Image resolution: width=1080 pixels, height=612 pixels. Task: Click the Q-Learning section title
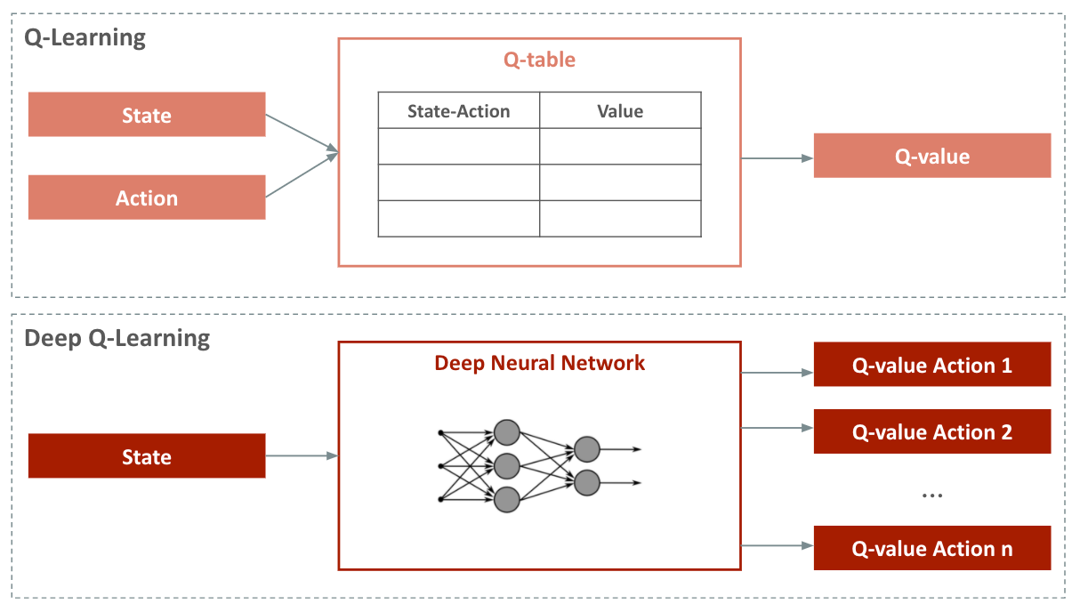[x=85, y=38]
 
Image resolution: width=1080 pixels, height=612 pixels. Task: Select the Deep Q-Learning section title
[x=117, y=339]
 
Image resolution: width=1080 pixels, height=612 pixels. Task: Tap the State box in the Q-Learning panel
[x=147, y=115]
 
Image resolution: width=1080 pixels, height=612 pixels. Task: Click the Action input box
[x=147, y=197]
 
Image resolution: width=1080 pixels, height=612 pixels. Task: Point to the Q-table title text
[x=539, y=60]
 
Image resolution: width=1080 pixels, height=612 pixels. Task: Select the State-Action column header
[x=458, y=111]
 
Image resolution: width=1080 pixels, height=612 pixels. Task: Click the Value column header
[x=620, y=111]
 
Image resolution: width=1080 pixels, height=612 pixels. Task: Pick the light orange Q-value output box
[x=931, y=157]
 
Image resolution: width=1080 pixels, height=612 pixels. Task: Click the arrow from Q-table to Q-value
[x=777, y=158]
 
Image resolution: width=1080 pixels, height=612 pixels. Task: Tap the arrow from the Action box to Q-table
[x=302, y=176]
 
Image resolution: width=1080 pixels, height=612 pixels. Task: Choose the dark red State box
[x=147, y=456]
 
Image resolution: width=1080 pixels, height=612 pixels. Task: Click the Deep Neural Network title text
[x=539, y=363]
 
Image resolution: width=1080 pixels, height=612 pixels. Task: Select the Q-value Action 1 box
[x=931, y=366]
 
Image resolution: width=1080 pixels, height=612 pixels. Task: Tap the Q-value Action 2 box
[x=931, y=432]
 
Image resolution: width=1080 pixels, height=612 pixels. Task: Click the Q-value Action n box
[x=931, y=549]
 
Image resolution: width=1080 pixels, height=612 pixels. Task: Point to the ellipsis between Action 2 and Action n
[x=931, y=495]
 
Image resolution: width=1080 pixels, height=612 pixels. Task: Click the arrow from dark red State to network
[x=302, y=456]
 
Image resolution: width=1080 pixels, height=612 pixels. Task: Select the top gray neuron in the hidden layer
[x=506, y=432]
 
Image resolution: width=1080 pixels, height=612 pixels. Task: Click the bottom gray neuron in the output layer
[x=586, y=483]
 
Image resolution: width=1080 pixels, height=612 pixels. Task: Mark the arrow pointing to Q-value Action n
[x=777, y=545]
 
